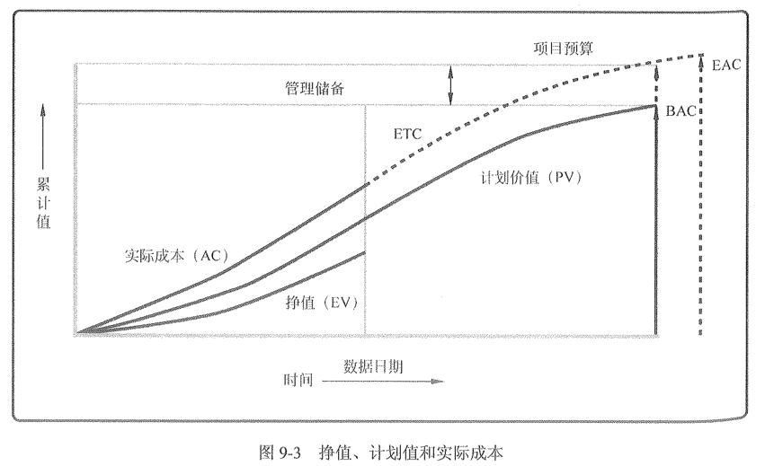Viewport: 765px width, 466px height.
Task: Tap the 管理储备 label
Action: click(x=310, y=89)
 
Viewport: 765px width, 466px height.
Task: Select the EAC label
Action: click(x=725, y=66)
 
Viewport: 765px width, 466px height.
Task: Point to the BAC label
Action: click(x=682, y=111)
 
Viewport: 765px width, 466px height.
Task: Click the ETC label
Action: click(x=407, y=134)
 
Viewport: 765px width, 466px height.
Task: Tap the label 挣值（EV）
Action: click(x=319, y=303)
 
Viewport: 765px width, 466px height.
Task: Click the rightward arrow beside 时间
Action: click(x=383, y=381)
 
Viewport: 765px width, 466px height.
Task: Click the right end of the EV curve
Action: click(x=364, y=252)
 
